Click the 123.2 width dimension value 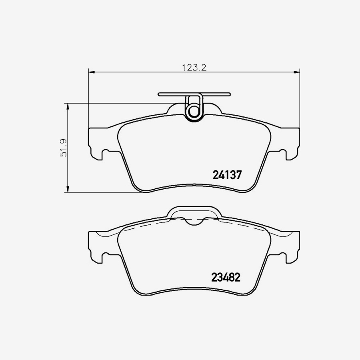pyautogui.click(x=194, y=68)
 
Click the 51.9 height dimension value pyautogui.click(x=62, y=148)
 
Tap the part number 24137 pyautogui.click(x=226, y=175)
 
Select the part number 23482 pyautogui.click(x=226, y=278)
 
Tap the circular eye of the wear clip pyautogui.click(x=194, y=111)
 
